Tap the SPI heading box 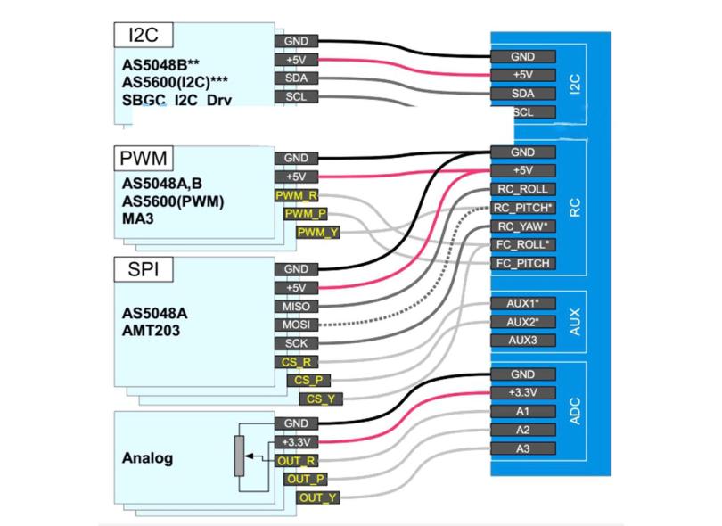tap(144, 269)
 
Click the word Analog tap(147, 459)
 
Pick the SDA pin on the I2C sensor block tap(296, 78)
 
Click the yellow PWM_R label tap(294, 195)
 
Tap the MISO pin tap(296, 307)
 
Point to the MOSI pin tap(296, 325)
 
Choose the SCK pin tap(296, 344)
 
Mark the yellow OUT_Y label tap(316, 497)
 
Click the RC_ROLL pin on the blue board tap(523, 189)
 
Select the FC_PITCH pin tap(523, 263)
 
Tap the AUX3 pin tap(523, 340)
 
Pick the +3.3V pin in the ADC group tap(523, 393)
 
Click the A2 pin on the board tap(523, 430)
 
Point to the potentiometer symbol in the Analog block tap(239, 457)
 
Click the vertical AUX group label tap(575, 322)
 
